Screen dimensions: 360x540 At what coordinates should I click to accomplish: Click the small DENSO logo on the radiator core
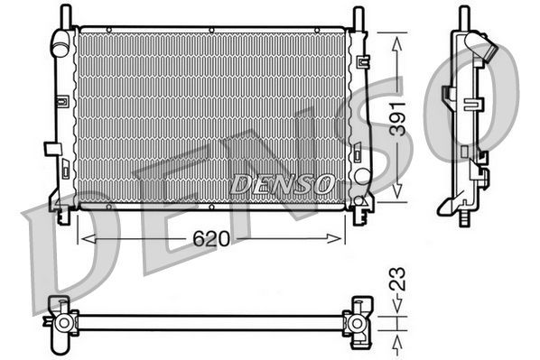tap(281, 184)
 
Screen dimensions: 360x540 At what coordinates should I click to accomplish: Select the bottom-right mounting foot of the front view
tap(360, 214)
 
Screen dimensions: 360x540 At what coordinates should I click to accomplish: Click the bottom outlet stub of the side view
tap(464, 217)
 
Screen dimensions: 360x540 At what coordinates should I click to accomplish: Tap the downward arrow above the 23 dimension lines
tap(396, 305)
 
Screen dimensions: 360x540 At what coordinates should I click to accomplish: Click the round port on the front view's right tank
tap(362, 176)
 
